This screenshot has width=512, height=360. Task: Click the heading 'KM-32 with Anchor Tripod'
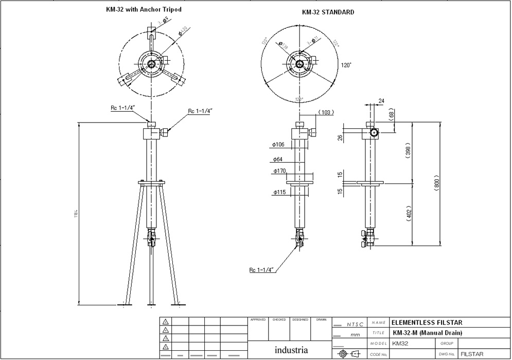[144, 9]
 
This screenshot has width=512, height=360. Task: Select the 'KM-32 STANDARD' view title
[328, 12]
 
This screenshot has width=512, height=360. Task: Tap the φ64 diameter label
[277, 159]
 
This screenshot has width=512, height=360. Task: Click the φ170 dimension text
[280, 170]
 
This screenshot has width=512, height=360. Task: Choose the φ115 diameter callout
[280, 192]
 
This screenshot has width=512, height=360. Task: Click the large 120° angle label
[346, 65]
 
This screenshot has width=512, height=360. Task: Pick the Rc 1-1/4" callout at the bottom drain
[261, 269]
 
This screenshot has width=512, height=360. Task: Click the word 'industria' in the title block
[291, 350]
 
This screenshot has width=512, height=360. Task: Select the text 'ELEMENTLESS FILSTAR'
[427, 323]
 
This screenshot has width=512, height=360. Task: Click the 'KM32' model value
[400, 344]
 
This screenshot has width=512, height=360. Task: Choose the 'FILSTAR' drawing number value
[472, 354]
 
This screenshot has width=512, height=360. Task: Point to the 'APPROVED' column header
[258, 320]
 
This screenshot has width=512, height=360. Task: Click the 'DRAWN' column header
[321, 320]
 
